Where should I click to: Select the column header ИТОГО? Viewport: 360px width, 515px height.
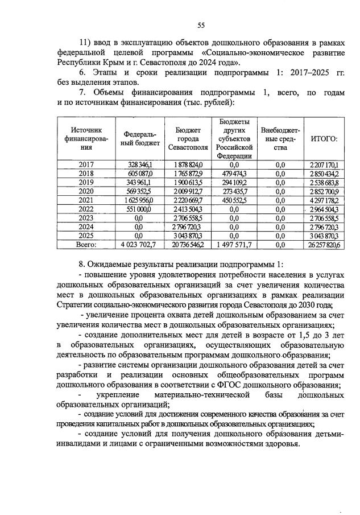pyautogui.click(x=325, y=139)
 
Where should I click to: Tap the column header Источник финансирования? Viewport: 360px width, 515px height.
pyautogui.click(x=86, y=139)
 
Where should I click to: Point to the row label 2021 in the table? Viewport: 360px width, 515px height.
pyautogui.click(x=86, y=200)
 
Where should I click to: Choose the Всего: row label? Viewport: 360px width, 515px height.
pyautogui.click(x=86, y=244)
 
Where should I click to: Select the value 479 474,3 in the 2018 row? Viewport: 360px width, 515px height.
pyautogui.click(x=233, y=173)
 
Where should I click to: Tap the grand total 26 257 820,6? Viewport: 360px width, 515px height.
pyautogui.click(x=325, y=244)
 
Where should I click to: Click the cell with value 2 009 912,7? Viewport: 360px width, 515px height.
pyautogui.click(x=187, y=191)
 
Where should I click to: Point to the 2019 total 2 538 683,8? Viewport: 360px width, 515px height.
pyautogui.click(x=325, y=182)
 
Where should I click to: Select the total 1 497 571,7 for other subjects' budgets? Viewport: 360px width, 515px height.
pyautogui.click(x=233, y=244)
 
